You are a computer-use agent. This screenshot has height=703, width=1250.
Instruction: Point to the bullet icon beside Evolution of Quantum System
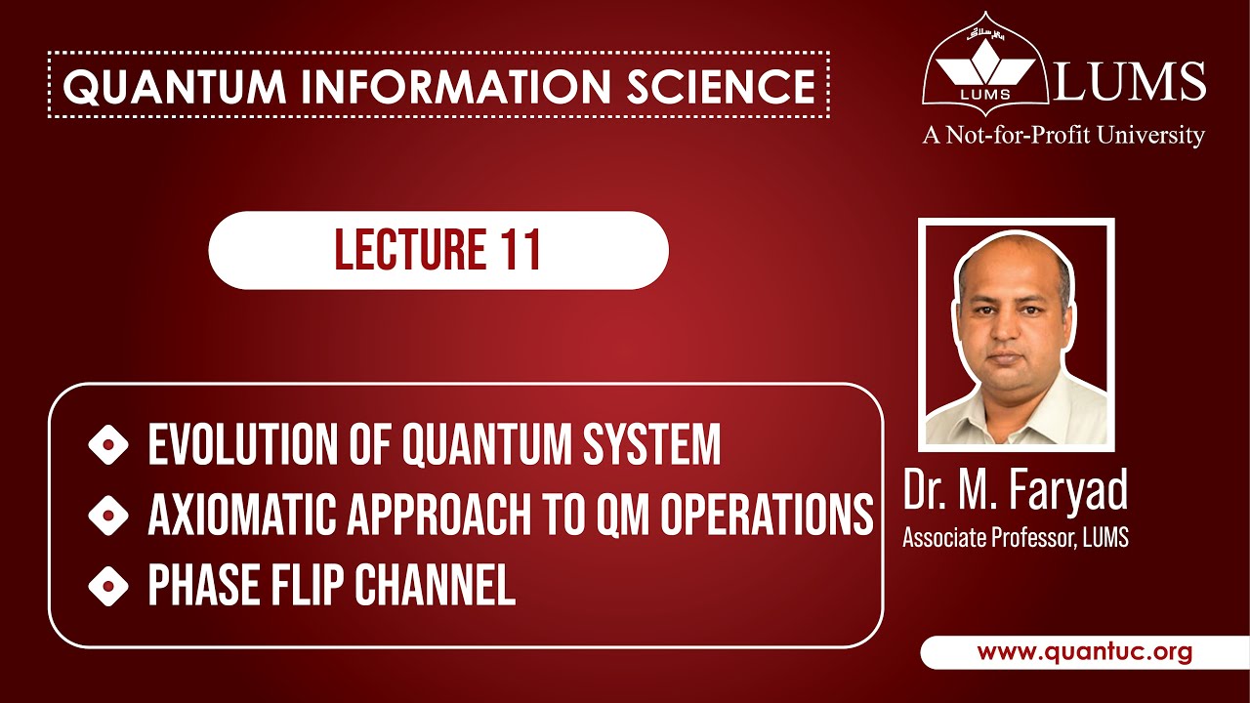[x=108, y=446]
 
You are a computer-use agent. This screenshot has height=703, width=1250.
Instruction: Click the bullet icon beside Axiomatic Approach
[x=108, y=515]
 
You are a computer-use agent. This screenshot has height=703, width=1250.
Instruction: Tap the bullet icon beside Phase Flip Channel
[x=108, y=587]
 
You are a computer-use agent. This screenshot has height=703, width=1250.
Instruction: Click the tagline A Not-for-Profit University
[x=1063, y=135]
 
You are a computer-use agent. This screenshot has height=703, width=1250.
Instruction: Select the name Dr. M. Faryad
[x=1016, y=491]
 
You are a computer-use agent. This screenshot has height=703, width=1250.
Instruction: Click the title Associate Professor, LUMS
[x=1016, y=537]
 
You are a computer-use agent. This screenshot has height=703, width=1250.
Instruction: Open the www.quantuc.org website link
[x=1084, y=652]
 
